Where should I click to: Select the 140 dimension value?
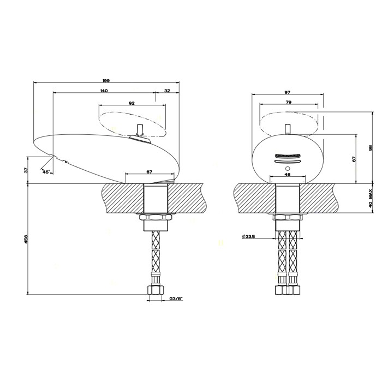click(103, 90)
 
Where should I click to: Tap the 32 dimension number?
click(167, 90)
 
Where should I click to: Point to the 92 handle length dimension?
click(131, 103)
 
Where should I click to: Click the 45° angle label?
click(46, 171)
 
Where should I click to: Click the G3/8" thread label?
click(176, 299)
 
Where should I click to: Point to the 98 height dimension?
click(369, 148)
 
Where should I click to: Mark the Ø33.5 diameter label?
click(249, 236)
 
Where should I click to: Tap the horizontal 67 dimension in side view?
click(148, 172)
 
